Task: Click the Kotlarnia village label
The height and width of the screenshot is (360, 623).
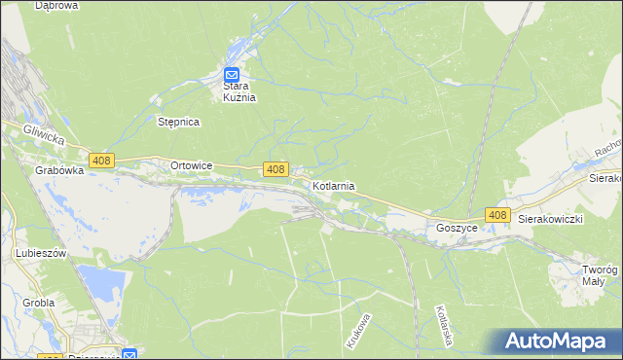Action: [x=333, y=185]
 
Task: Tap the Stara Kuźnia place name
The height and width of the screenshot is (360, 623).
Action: [x=233, y=91]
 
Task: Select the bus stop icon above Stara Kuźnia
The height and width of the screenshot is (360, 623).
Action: [x=233, y=74]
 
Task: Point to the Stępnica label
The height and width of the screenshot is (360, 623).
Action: [x=178, y=122]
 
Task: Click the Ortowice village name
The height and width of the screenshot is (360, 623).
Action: [x=191, y=165]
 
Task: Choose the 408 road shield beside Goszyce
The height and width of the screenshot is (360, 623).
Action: [x=497, y=214]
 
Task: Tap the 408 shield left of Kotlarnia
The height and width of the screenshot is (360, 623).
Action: [x=275, y=169]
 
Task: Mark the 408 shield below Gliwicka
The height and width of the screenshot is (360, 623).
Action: [x=101, y=160]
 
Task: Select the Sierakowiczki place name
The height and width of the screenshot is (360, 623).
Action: [x=550, y=220]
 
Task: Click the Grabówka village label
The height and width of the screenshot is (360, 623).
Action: [x=58, y=169]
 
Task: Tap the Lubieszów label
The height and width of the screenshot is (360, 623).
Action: [x=40, y=253]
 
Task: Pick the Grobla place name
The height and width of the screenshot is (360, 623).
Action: [x=39, y=303]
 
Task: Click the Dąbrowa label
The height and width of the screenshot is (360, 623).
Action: [x=56, y=6]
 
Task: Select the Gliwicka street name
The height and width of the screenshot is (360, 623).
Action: [x=45, y=139]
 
